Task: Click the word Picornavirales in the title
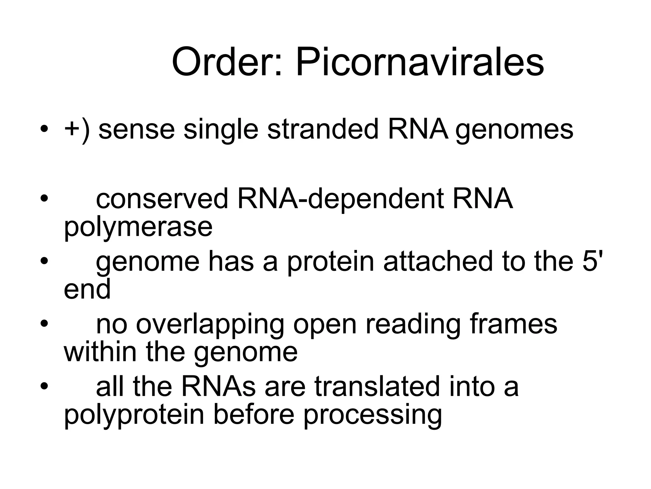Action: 420,62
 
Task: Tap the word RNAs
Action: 219,386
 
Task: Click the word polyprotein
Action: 134,416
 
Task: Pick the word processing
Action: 373,416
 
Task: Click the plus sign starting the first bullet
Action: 71,130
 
